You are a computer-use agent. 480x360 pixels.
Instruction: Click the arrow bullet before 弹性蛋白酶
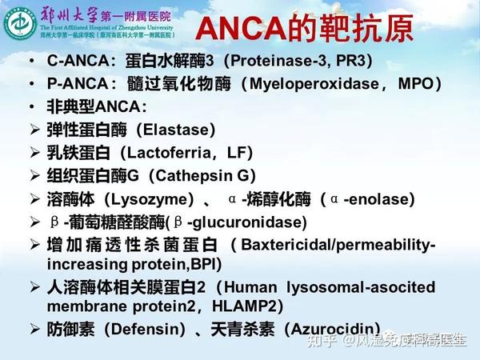pyautogui.click(x=34, y=129)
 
